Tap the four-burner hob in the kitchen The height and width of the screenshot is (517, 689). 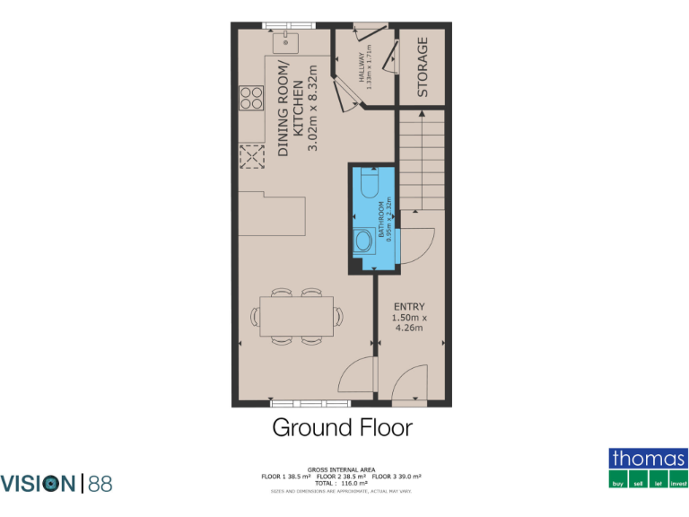(251, 97)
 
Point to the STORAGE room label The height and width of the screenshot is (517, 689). (423, 66)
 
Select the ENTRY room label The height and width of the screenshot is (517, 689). (409, 307)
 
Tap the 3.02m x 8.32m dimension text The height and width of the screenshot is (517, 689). (313, 108)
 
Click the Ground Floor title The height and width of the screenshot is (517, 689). (342, 427)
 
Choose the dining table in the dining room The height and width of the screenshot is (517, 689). (297, 316)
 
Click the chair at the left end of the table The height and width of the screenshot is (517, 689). (257, 316)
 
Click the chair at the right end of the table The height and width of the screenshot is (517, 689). (338, 316)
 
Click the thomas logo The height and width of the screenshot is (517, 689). (649, 468)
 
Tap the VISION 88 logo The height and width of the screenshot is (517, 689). (57, 484)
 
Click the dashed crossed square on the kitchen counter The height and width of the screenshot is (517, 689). (251, 158)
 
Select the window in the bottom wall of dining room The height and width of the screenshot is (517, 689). (297, 403)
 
